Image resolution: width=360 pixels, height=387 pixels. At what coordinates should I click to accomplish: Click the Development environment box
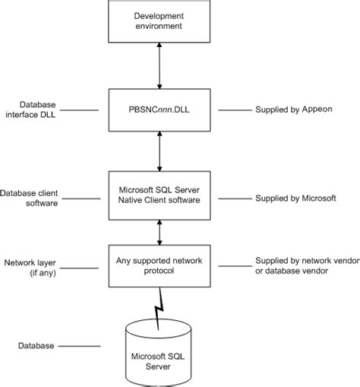(158, 21)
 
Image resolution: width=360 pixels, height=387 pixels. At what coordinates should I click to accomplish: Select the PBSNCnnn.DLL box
(158, 109)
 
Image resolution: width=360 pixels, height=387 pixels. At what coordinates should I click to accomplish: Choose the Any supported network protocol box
(158, 265)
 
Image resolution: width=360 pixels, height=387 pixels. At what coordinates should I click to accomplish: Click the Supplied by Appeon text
(293, 109)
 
